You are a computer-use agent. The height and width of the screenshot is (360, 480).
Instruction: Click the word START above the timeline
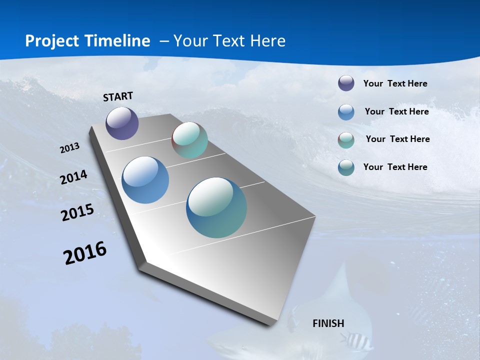pos(118,96)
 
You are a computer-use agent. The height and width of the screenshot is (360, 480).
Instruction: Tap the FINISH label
pos(328,323)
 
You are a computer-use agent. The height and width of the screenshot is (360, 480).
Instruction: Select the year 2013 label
pos(70,148)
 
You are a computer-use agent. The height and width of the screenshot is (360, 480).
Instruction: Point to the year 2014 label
pos(74,177)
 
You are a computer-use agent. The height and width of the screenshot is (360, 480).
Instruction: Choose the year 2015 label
pos(77,212)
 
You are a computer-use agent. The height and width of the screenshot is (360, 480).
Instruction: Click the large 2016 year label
pos(85,253)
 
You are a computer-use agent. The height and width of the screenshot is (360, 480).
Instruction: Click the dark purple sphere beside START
pos(122,123)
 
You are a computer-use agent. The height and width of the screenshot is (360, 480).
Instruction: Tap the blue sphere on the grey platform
pos(145,180)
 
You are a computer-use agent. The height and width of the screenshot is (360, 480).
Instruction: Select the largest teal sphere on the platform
pos(216,207)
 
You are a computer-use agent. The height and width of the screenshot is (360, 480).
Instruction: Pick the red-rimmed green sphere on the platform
pos(189,140)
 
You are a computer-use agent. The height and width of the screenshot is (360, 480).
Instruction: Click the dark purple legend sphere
pos(346,83)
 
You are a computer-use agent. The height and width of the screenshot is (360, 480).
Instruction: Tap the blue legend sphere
pos(346,112)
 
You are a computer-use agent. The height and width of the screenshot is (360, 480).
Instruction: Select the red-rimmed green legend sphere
pos(346,140)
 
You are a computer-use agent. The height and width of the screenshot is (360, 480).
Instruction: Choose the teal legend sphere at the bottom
pos(346,167)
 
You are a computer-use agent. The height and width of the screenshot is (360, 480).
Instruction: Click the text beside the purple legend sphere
pos(395,83)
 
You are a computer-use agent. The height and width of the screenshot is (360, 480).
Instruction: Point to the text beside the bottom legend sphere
pos(395,167)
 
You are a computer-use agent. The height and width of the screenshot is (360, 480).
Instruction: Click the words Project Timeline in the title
pos(87,41)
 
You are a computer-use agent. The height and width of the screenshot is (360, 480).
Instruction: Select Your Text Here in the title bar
pos(229,41)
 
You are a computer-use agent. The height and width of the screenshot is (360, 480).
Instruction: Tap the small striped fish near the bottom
pos(356,341)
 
